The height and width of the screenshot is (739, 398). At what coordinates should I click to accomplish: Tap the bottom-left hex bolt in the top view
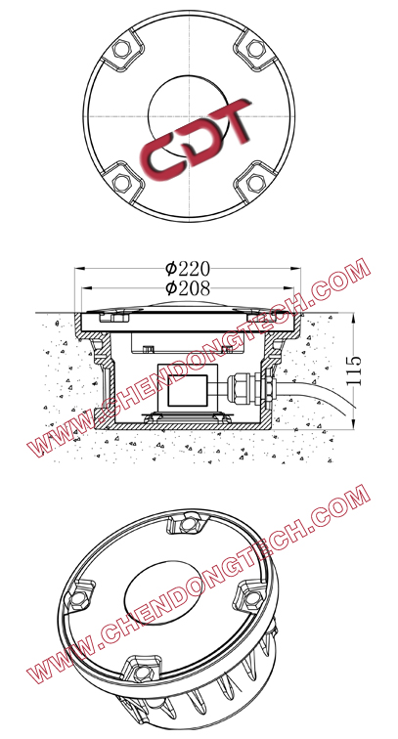[122, 182]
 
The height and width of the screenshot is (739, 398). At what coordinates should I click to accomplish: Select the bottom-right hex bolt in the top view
[254, 182]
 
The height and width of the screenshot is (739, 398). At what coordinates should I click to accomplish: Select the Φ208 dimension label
[190, 287]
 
